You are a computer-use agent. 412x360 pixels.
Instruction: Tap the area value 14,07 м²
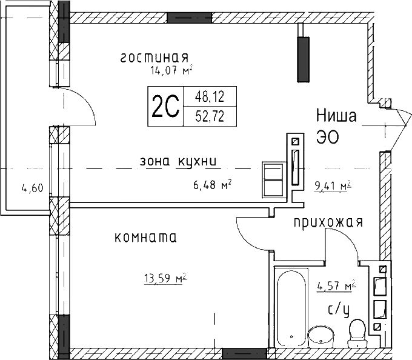click(171, 70)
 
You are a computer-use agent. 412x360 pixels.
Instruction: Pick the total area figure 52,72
click(209, 116)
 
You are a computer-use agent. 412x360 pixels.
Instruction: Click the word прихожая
click(328, 222)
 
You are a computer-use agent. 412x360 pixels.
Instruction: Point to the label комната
click(145, 238)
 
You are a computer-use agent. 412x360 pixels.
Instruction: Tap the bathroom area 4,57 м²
click(336, 285)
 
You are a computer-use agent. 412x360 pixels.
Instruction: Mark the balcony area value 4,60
click(32, 188)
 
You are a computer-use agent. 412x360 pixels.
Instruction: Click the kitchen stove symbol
click(273, 180)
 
